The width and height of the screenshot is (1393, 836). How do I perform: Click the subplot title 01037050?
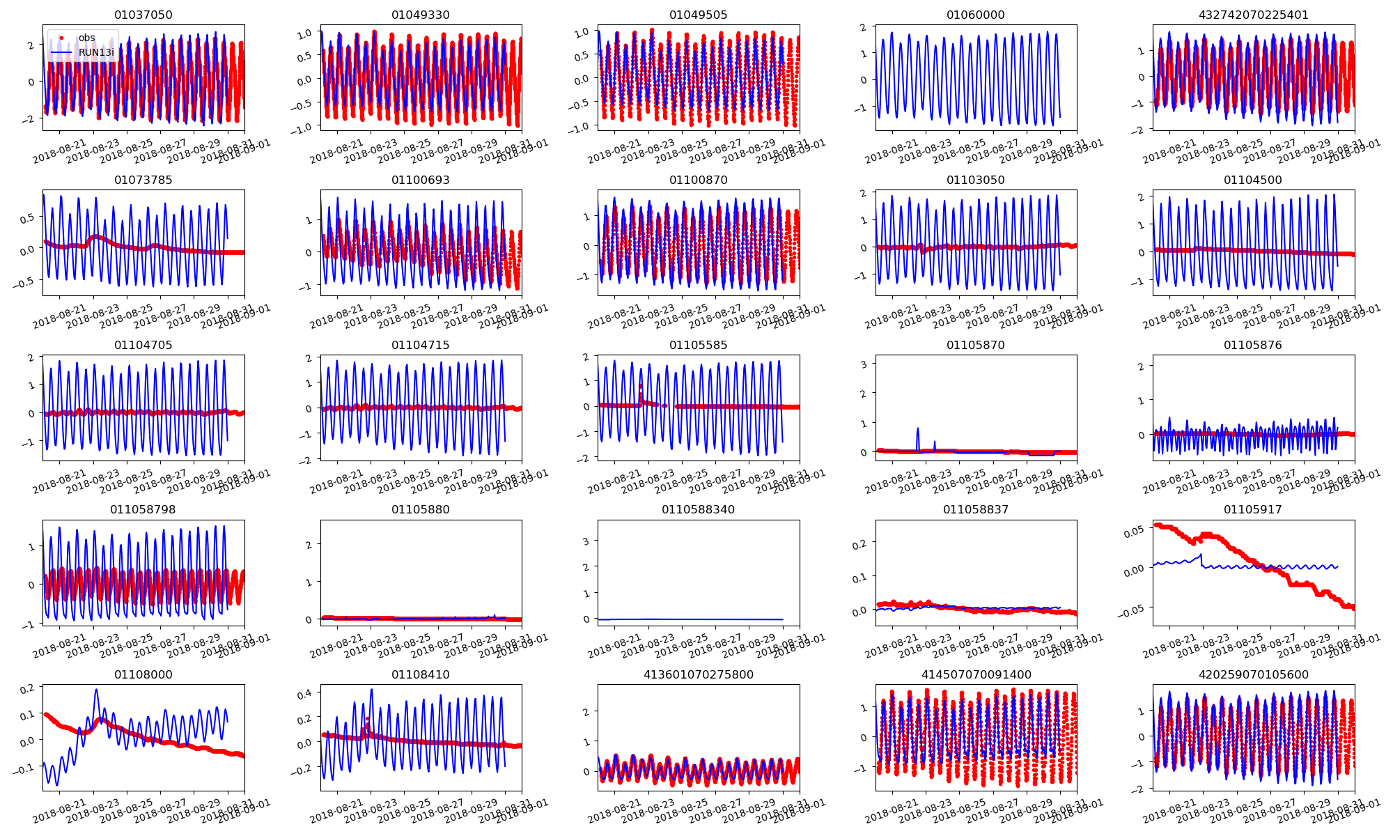[x=143, y=15]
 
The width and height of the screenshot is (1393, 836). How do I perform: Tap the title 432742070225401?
[x=1253, y=15]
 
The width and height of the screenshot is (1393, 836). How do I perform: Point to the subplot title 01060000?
[x=975, y=15]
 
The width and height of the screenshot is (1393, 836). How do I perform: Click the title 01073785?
[x=143, y=180]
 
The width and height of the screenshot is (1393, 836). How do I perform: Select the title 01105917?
[x=1253, y=509]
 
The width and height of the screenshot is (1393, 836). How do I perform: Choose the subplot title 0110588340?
[x=698, y=509]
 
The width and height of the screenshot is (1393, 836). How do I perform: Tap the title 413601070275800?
[x=698, y=674]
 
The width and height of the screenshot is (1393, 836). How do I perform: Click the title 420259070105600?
[x=1253, y=674]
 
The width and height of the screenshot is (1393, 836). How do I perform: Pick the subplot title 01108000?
[x=143, y=674]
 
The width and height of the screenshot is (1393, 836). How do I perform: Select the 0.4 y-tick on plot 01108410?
[x=305, y=693]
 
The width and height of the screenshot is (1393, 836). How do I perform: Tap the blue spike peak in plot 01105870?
[x=917, y=428]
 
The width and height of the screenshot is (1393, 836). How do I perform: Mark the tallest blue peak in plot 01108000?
[x=96, y=690]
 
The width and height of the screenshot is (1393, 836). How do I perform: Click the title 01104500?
[x=1253, y=180]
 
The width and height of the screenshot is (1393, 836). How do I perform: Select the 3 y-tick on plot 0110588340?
[x=586, y=541]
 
